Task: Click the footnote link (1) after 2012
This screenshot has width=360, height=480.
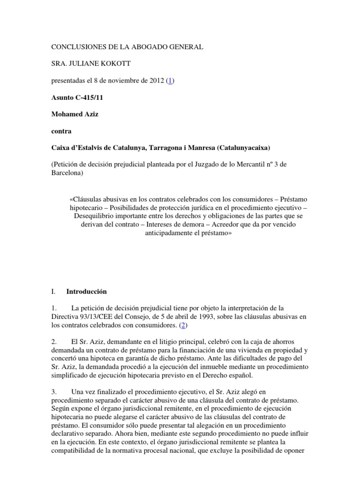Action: click(x=171, y=81)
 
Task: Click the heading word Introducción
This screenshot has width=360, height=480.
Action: click(x=87, y=292)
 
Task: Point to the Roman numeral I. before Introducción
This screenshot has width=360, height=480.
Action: click(x=53, y=292)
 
